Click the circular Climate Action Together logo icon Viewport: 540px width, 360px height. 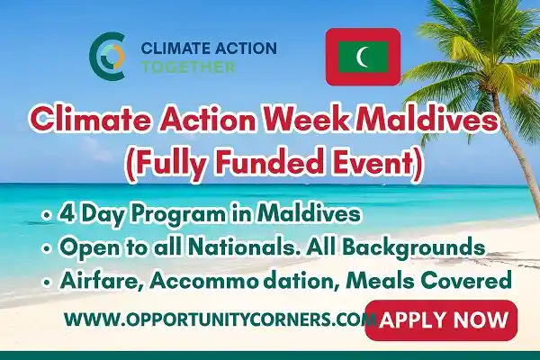click(106, 56)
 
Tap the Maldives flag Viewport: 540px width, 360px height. click(363, 56)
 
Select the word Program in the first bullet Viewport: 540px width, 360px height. click(185, 214)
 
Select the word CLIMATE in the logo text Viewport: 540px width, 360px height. click(167, 48)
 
